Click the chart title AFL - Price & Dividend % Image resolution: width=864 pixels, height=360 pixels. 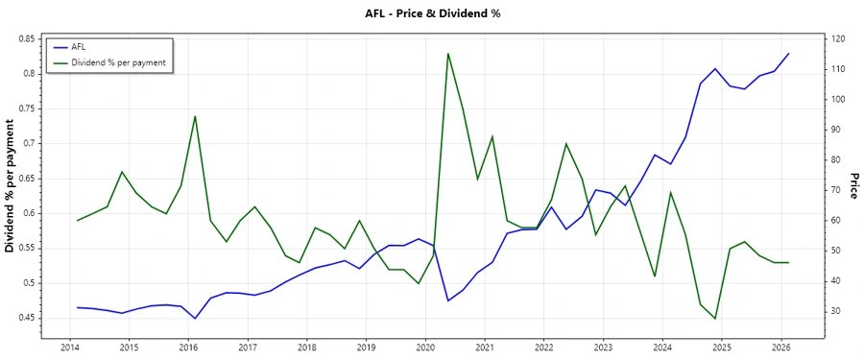tap(433, 13)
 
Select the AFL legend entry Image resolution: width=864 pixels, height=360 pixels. tap(85, 46)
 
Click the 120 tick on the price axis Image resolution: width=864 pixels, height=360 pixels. tap(839, 38)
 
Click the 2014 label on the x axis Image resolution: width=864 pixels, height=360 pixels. tap(70, 348)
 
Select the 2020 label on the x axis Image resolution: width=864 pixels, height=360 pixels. tap(425, 348)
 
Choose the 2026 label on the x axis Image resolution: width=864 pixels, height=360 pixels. tap(780, 348)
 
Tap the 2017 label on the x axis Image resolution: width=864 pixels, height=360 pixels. tap(248, 348)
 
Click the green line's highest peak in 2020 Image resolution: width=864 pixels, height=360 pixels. tap(448, 54)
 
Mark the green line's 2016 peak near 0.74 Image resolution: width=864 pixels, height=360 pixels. tap(195, 116)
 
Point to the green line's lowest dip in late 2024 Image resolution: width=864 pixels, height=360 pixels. tap(715, 319)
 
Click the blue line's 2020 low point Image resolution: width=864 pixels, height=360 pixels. tap(448, 300)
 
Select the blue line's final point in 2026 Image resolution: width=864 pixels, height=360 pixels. tap(789, 54)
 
